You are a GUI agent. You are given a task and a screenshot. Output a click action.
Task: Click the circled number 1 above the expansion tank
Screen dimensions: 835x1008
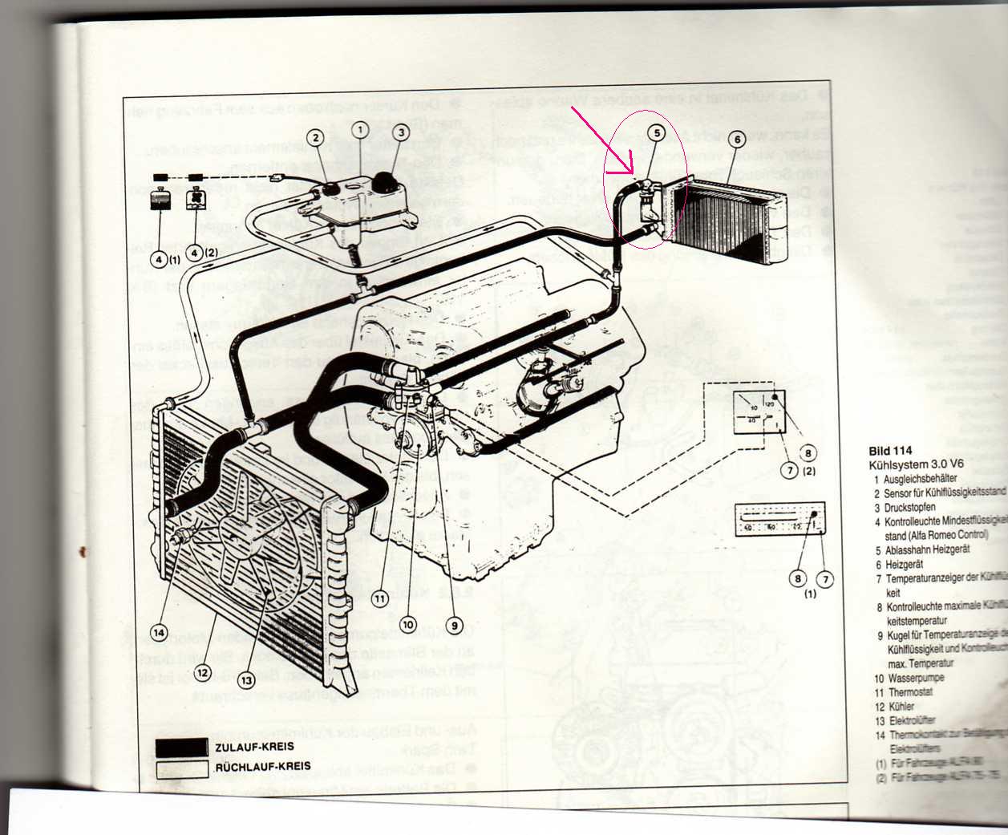tap(361, 129)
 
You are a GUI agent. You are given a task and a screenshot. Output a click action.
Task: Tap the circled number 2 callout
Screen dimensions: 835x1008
tap(314, 138)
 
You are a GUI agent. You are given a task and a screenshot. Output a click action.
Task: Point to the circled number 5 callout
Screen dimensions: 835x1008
tap(657, 132)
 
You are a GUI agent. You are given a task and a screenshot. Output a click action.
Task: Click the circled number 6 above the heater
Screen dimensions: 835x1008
tap(736, 139)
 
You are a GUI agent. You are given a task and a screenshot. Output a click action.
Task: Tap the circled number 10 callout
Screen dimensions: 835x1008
tap(409, 623)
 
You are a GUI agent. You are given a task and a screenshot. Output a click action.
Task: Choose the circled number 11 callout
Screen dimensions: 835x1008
tap(380, 598)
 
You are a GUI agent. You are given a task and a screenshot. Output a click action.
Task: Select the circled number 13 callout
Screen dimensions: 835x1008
tap(245, 680)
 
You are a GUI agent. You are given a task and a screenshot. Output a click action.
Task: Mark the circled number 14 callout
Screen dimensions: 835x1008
tap(160, 632)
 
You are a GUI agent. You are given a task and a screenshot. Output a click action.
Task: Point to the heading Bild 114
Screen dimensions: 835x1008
tap(890, 451)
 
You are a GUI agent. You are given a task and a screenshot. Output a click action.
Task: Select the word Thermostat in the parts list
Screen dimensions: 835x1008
tap(910, 692)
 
